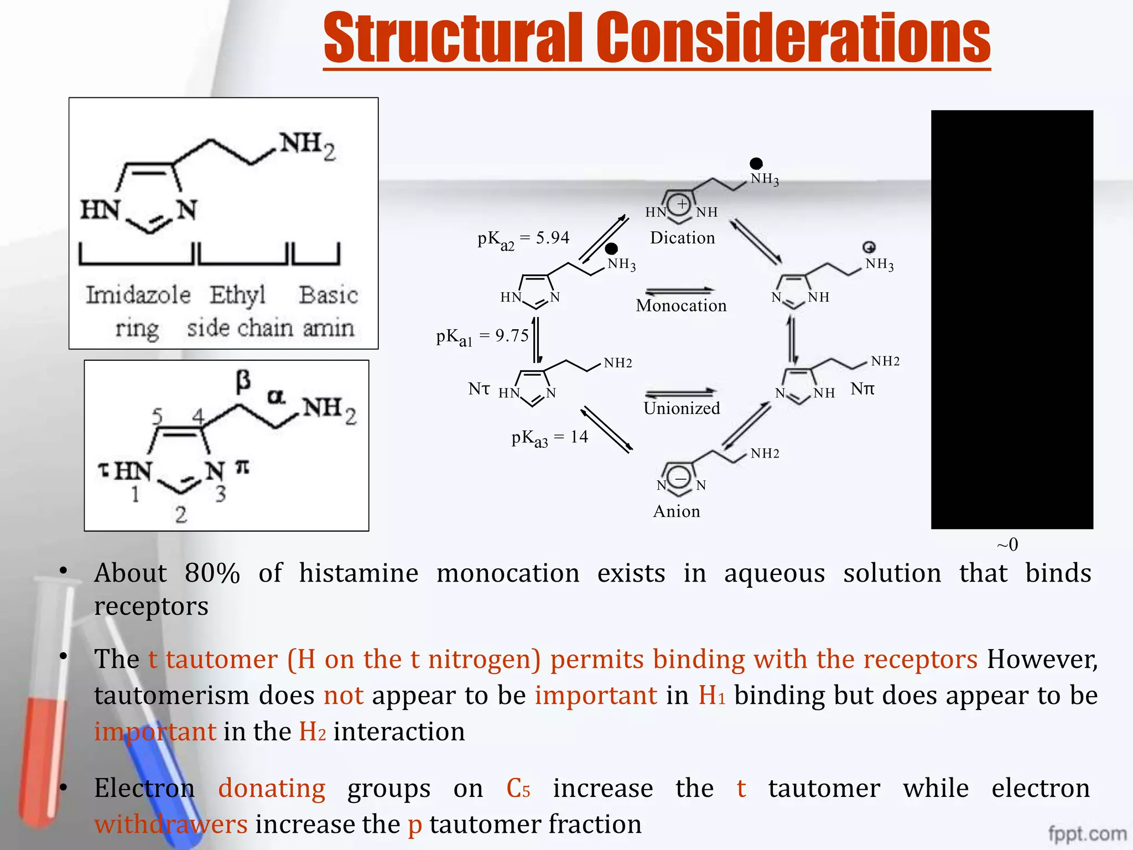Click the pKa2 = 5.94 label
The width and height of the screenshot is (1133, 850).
tap(523, 239)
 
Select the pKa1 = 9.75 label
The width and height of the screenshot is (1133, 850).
tap(482, 336)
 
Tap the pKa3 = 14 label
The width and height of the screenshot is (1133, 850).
tap(549, 438)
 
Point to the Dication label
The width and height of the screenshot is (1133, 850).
tap(682, 238)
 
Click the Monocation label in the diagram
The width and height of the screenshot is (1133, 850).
tap(681, 305)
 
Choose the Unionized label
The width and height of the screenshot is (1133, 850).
tap(682, 408)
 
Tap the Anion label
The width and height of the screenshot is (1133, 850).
tap(677, 511)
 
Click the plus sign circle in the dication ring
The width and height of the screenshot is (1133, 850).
tap(682, 204)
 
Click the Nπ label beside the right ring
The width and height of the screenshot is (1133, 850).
tap(862, 388)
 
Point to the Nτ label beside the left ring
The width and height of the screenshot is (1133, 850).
tap(479, 388)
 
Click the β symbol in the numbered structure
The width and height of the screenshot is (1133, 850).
tap(243, 381)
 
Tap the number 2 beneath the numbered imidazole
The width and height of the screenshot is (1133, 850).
tap(181, 515)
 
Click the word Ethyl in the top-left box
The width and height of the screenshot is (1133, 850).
tap(237, 295)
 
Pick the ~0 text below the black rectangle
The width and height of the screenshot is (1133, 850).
tap(1007, 545)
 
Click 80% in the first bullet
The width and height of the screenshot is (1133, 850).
tap(212, 573)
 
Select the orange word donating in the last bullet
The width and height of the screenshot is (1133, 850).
tap(271, 788)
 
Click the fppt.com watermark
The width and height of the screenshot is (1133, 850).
tap(1087, 833)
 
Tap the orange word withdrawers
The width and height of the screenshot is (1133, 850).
tap(170, 825)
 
